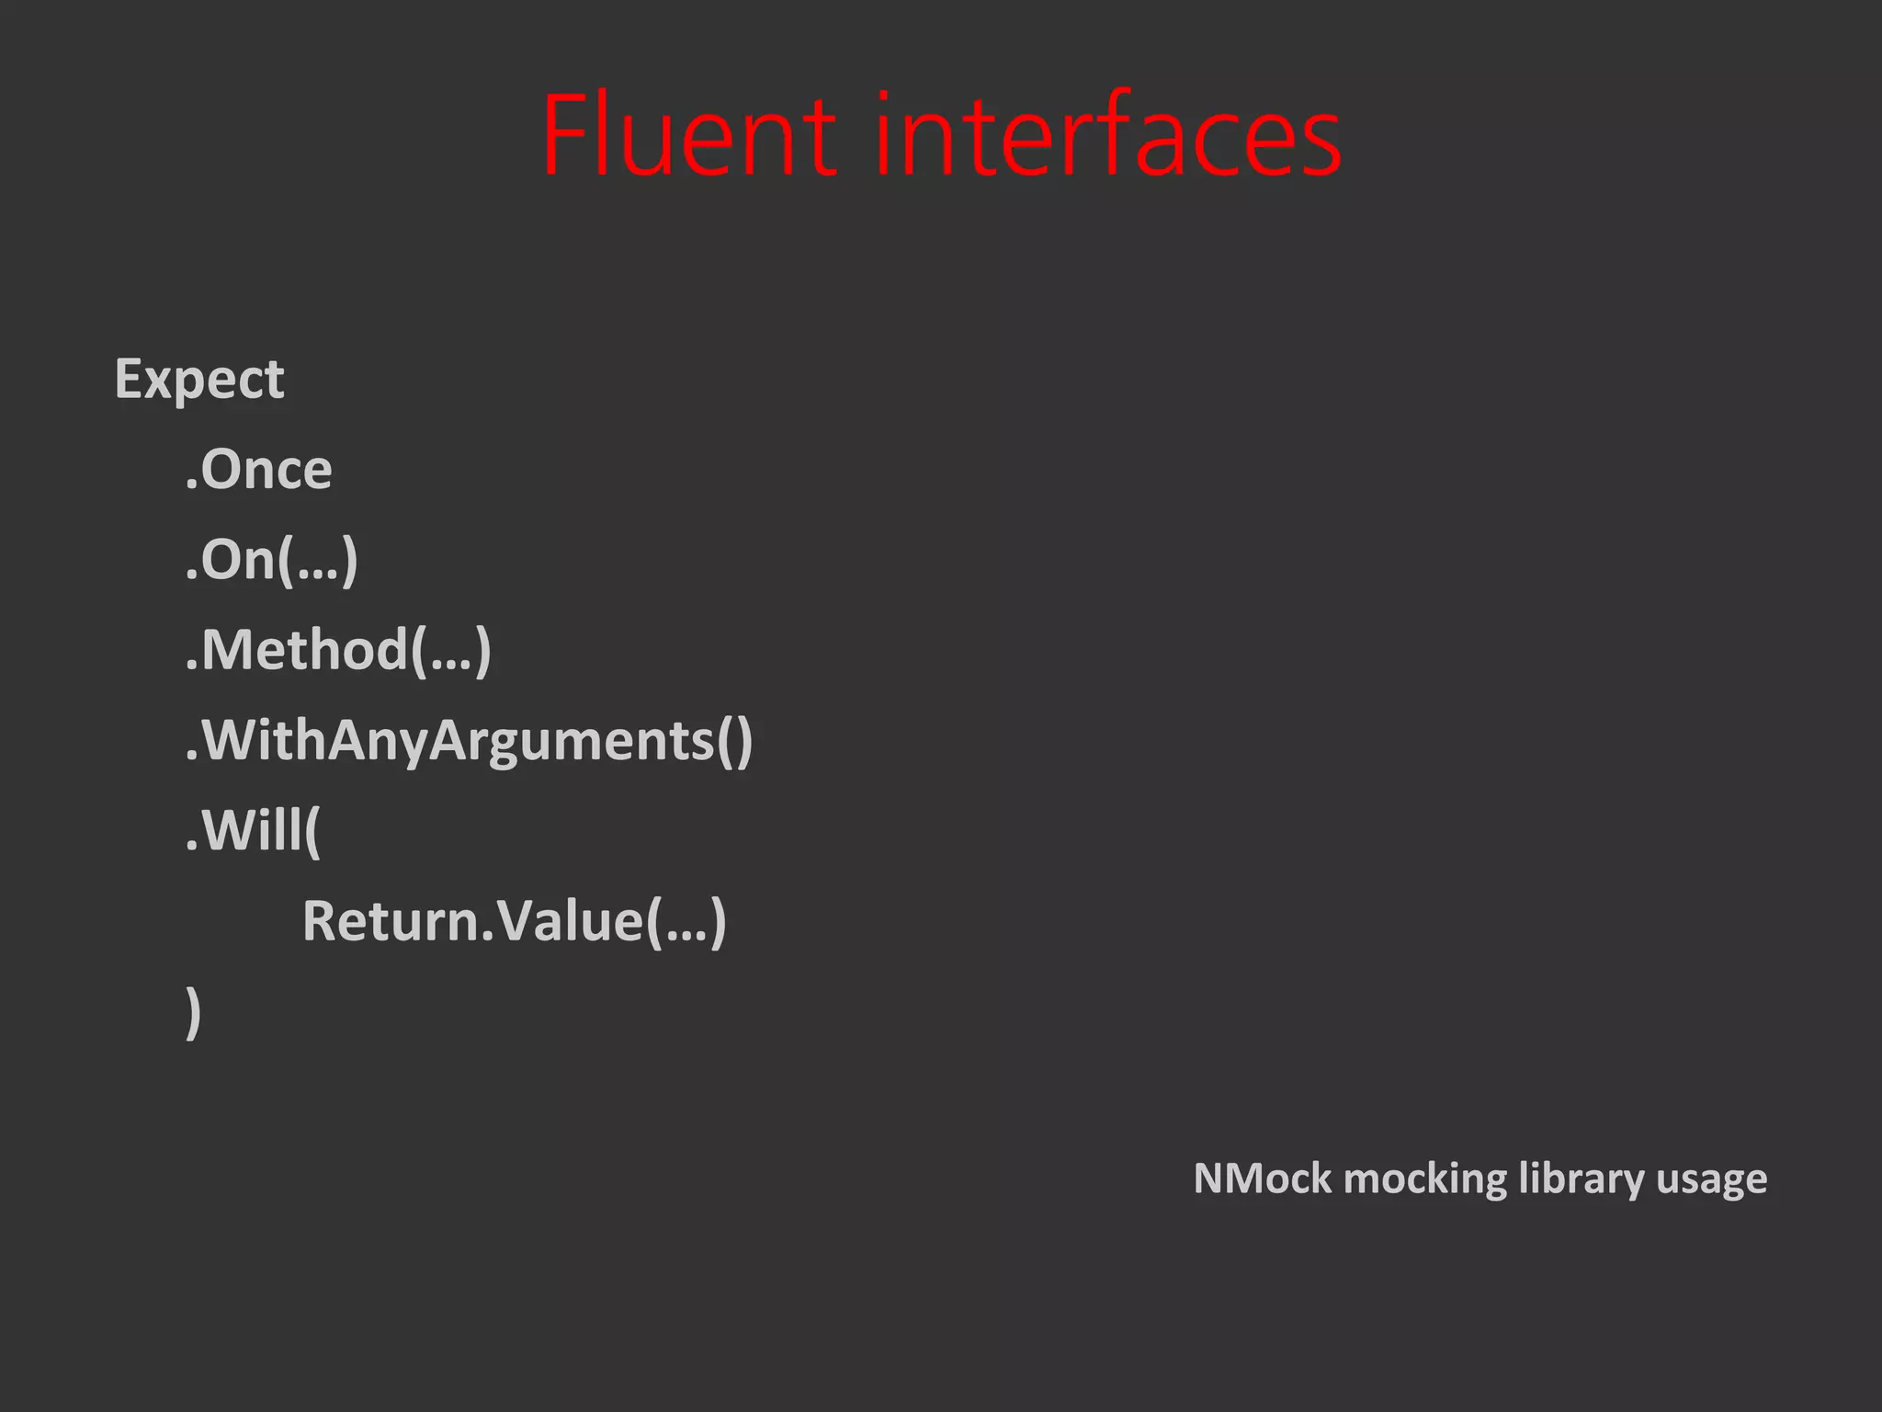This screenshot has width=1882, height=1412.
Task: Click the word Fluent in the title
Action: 688,135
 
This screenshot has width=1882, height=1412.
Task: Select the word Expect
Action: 199,380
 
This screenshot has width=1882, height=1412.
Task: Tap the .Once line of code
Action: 258,470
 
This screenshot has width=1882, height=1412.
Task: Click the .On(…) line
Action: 271,560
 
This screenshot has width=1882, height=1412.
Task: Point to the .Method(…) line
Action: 338,650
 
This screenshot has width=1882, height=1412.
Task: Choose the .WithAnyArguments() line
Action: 469,740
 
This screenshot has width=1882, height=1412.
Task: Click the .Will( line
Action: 253,830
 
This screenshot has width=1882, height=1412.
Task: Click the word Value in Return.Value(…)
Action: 570,921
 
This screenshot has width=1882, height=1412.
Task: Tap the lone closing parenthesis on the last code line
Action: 193,1011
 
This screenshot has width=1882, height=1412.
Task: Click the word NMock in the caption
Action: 1262,1179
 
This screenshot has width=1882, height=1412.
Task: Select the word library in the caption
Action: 1581,1179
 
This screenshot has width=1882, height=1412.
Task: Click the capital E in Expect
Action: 128,378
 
